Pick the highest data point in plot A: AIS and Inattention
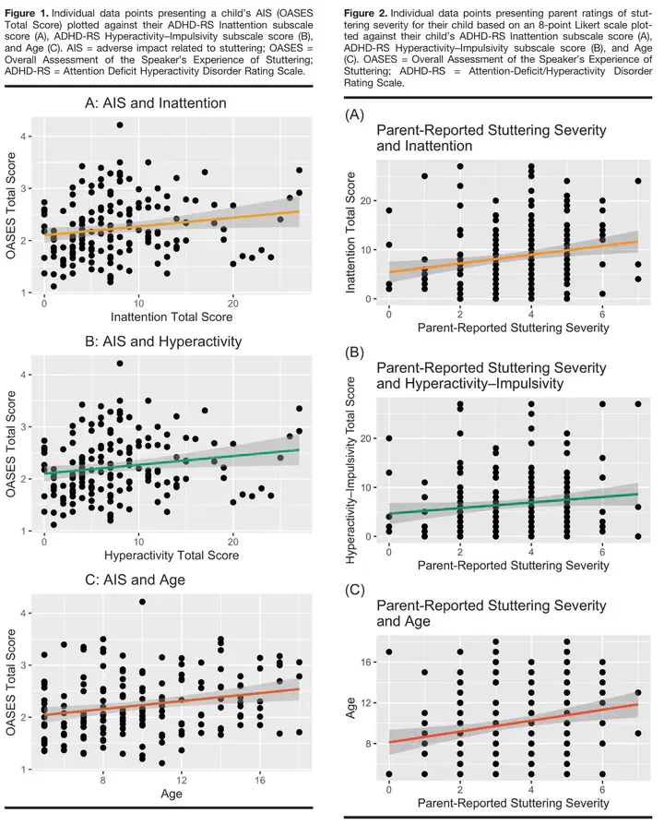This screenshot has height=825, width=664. click(x=120, y=125)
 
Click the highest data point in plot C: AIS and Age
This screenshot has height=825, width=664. click(x=142, y=602)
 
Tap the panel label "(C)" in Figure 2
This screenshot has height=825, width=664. click(x=356, y=587)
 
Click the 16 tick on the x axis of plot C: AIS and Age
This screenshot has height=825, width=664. click(x=260, y=779)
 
